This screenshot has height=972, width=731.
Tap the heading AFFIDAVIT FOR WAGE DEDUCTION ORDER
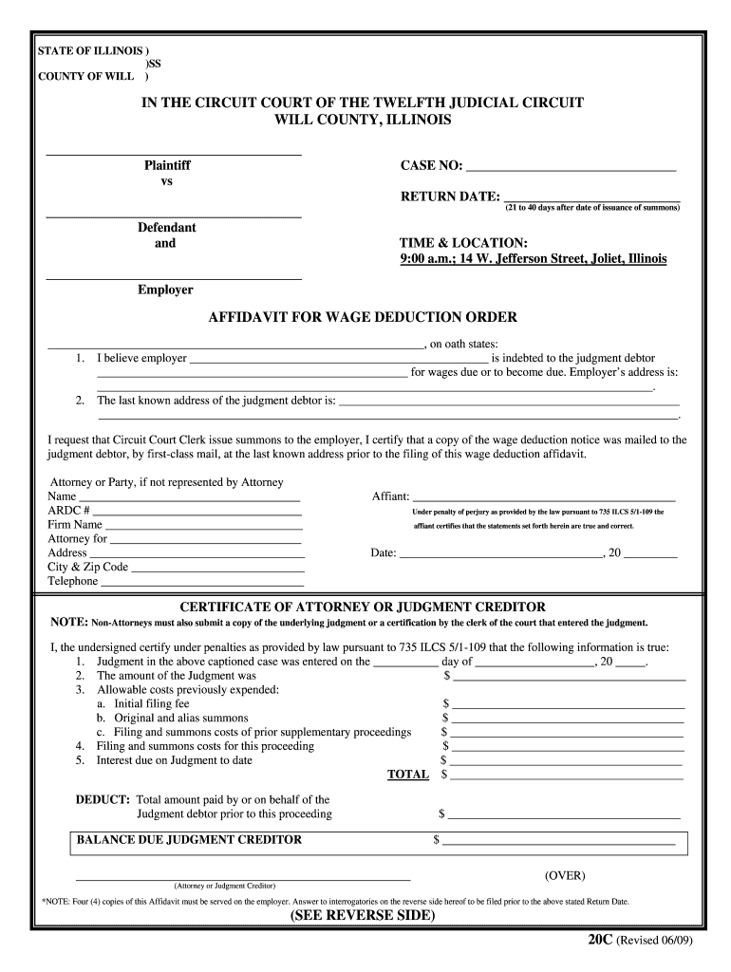(363, 317)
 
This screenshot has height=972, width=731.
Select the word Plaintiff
(167, 165)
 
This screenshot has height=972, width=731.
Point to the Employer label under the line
(165, 290)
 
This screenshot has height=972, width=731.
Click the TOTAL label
(407, 776)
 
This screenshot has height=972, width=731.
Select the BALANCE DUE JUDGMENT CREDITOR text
(189, 840)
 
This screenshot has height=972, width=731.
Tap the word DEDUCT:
(103, 800)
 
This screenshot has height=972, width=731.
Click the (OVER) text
(565, 874)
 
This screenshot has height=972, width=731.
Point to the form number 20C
(600, 939)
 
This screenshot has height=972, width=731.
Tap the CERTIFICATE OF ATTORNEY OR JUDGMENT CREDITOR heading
(363, 607)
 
